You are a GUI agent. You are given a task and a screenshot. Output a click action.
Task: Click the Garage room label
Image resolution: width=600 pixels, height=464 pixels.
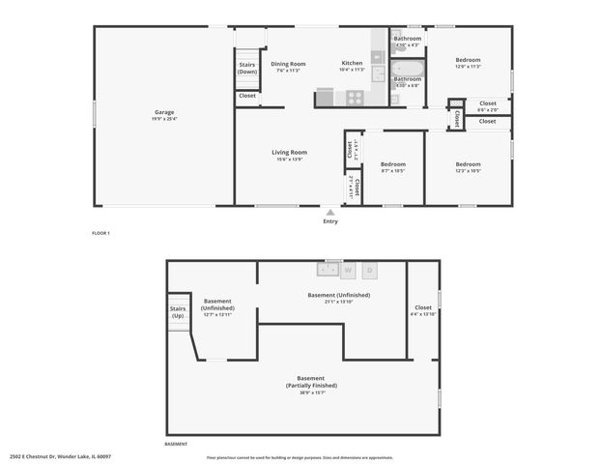[x=164, y=111]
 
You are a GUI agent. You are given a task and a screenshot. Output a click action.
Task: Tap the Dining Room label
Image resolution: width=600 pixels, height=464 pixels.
[x=288, y=64]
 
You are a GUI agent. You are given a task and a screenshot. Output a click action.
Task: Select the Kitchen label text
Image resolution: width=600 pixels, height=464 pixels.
[x=352, y=64]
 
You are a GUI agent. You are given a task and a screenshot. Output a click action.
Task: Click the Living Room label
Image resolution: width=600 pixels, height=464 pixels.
[x=289, y=152]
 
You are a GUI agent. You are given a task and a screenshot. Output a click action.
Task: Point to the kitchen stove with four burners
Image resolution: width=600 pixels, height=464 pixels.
[x=354, y=98]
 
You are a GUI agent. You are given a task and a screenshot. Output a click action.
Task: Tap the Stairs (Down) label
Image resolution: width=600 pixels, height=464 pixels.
[x=247, y=68]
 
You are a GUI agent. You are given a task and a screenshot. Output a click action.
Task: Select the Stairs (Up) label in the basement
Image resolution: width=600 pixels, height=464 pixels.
[x=178, y=312]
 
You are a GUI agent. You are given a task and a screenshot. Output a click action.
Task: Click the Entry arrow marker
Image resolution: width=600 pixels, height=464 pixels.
[x=330, y=212]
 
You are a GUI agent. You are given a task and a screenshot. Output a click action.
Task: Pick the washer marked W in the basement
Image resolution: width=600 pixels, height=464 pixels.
[x=348, y=270]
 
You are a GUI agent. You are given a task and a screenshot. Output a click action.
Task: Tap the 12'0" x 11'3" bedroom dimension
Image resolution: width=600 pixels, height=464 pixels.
[x=468, y=67]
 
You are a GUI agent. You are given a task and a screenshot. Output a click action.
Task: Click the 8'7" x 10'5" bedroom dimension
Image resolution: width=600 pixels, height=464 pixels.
[x=391, y=171]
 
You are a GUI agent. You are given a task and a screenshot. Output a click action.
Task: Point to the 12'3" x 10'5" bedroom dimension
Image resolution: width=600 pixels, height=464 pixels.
[x=468, y=171]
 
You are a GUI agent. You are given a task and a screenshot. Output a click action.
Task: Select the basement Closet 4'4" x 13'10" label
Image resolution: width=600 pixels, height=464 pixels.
[x=423, y=314]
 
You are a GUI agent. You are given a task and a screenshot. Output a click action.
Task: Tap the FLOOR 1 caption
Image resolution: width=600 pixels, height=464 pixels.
[x=101, y=233]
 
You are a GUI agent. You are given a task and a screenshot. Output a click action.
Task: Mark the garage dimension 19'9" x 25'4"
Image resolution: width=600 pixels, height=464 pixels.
[x=164, y=119]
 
